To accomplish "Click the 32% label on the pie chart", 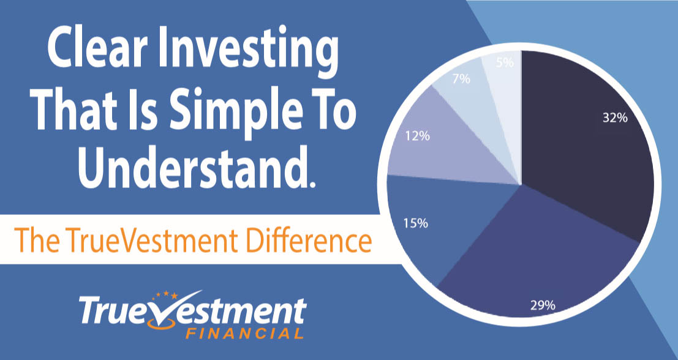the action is coord(615,118).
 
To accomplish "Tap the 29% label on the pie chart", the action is coord(543,305).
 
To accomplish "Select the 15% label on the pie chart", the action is coord(416,223).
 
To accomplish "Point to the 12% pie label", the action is coord(418,137).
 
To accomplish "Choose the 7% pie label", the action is coord(461,80).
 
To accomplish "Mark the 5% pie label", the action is coord(505,62).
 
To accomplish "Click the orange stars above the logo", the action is coord(167,295).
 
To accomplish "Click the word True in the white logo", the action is coord(113,309).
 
